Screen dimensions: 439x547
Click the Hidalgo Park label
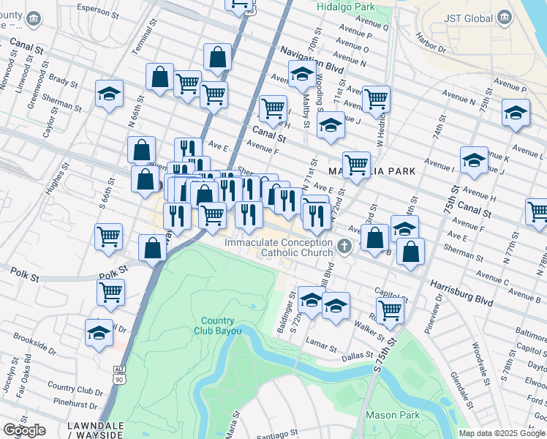point(347,7)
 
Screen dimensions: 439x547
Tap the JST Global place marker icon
point(503,17)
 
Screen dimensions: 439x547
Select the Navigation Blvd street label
point(312,59)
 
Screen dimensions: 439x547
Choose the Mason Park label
point(391,415)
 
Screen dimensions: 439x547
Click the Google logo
point(24,430)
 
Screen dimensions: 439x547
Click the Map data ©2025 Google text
point(501,433)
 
